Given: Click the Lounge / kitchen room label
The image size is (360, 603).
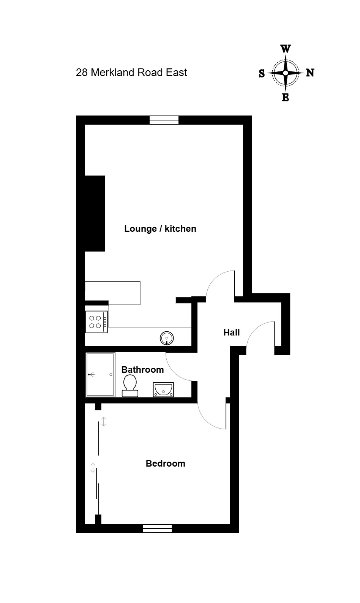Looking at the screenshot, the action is pos(160,229).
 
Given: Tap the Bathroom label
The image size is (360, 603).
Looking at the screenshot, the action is pos(143,370).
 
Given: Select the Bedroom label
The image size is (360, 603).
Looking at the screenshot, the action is pos(166,464).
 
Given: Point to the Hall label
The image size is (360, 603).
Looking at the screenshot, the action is pos(231,332).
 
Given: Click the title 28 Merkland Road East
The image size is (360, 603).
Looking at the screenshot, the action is pos(131,73).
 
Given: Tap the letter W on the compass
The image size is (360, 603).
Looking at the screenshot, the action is pos(286,49).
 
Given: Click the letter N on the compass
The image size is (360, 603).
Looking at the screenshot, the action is pos(310,73).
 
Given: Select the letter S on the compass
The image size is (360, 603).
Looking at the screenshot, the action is pos(262,73).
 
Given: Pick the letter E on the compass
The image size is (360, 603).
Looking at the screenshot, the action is pos(286,97).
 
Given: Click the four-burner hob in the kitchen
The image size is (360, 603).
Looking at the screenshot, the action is pos(96,322).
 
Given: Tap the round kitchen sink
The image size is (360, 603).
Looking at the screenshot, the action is pos(167,338).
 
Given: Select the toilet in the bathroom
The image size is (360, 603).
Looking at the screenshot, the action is pos(130,386).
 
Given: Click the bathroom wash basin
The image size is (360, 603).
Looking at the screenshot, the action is pos(163,389).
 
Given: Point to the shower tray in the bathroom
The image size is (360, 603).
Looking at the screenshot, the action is pos(100,374).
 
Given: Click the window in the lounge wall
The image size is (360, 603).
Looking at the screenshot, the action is pos(164,120).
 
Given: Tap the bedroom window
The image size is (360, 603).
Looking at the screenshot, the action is pos(157,529).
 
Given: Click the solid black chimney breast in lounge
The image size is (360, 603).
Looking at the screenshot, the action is pos(95,214).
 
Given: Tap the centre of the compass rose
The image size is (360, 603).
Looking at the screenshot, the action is pos(286,73).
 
